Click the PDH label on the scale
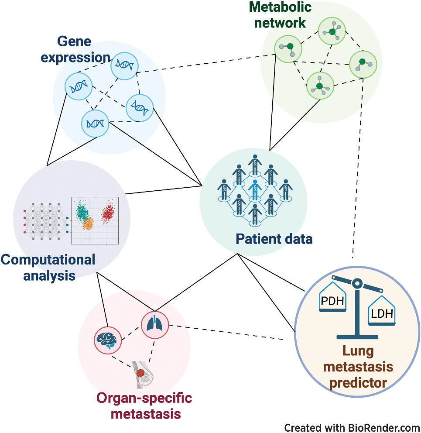333,301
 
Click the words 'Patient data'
274,239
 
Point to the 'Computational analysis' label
48,268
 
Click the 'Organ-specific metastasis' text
144,405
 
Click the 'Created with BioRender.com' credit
352,426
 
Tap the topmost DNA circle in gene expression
124,66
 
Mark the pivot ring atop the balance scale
356,284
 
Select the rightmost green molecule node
362,65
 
